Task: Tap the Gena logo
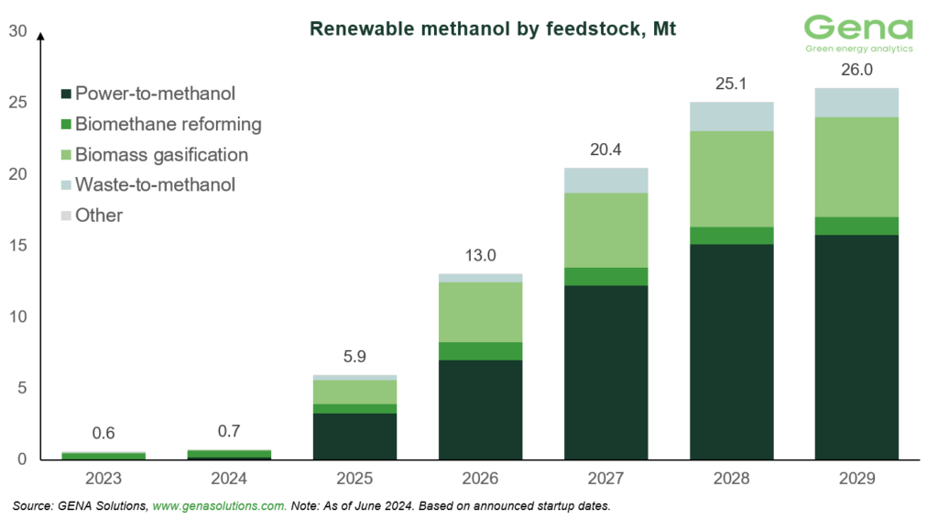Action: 857,35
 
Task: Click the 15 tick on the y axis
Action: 16,246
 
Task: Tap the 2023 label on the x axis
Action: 104,479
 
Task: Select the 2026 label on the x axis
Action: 480,479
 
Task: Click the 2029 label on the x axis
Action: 857,479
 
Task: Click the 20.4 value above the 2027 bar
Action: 606,149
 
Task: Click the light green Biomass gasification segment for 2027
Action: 606,229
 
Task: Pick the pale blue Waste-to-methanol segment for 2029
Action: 857,102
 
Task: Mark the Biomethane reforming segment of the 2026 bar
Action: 480,351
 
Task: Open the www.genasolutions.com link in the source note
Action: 219,506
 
